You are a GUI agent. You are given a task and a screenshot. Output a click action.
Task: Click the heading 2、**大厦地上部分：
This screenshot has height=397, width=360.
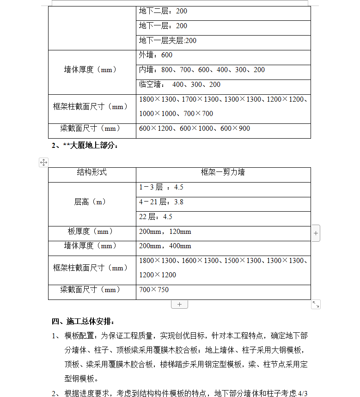pos(85,146)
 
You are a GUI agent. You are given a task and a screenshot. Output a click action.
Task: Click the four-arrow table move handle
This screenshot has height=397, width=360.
pos(43,162)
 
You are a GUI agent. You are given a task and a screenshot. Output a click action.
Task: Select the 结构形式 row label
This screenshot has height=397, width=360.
pos(92,172)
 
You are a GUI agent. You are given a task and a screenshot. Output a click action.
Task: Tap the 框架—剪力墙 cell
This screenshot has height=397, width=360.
pos(223,172)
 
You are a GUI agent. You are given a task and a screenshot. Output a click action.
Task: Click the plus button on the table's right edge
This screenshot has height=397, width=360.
pos(316,233)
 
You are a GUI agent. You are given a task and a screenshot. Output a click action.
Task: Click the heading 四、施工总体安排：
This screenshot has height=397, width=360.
pos(83,321)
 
